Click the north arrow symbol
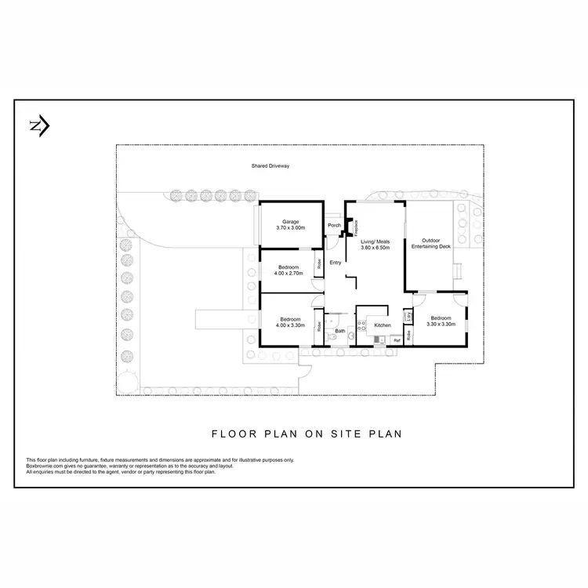[39, 125]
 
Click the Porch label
[334, 226]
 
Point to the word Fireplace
[356, 227]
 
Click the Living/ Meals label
[375, 241]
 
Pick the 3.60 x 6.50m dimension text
[375, 247]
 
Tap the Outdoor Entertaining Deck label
[436, 244]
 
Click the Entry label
[335, 263]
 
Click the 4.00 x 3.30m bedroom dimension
[290, 325]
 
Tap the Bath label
[340, 332]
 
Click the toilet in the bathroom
[332, 336]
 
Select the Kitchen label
[382, 325]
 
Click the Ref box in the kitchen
[397, 340]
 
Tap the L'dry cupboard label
[409, 316]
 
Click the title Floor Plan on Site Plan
[307, 433]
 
